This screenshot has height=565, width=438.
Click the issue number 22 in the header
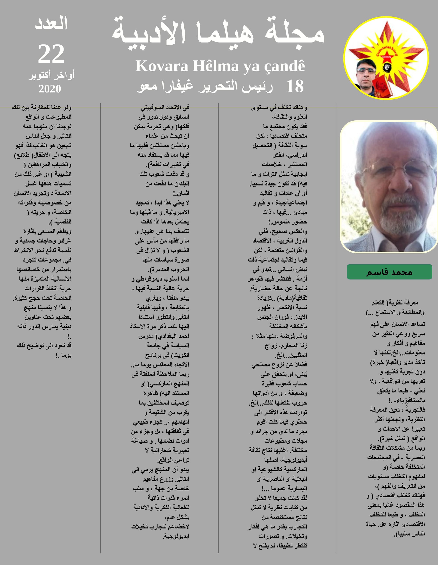51,54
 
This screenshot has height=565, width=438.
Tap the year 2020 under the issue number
50,89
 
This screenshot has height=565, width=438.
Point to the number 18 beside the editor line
295,87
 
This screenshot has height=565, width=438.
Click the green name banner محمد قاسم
389,272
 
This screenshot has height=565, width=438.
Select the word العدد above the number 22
51,23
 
